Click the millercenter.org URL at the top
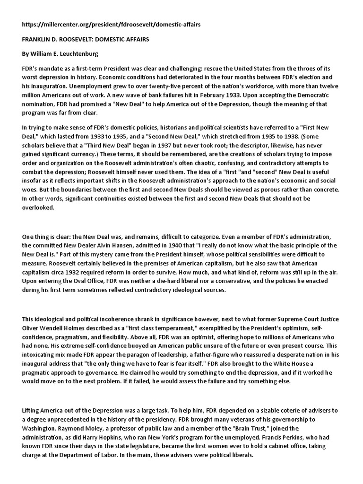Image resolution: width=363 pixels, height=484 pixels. (x=111, y=24)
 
